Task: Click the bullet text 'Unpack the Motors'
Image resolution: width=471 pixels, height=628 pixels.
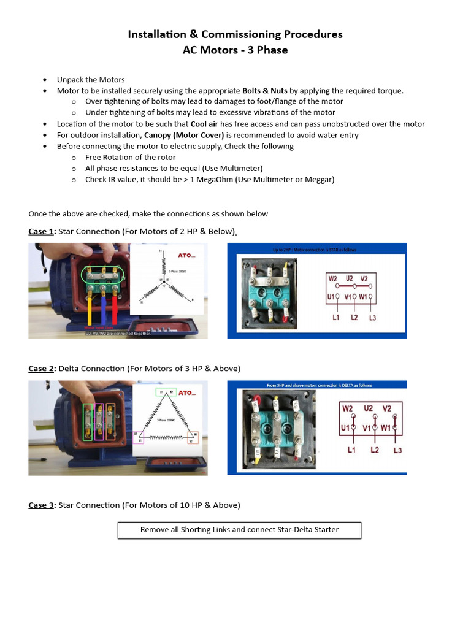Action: click(x=91, y=80)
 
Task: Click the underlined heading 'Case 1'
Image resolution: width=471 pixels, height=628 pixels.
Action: click(x=41, y=231)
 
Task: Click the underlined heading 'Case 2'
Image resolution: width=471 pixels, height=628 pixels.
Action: click(x=41, y=369)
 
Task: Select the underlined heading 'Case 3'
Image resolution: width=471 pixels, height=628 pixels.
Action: click(x=41, y=505)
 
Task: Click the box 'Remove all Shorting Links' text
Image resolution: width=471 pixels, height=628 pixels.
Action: click(x=239, y=530)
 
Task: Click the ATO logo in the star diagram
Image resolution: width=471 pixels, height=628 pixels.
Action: click(x=185, y=255)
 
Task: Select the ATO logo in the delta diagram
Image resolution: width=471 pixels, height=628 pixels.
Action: click(x=186, y=392)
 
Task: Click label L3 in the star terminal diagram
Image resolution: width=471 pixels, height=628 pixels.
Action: click(x=372, y=318)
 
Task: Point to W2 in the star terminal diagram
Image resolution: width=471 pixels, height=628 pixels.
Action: click(x=333, y=278)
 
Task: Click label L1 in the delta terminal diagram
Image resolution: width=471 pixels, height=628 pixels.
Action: click(x=351, y=450)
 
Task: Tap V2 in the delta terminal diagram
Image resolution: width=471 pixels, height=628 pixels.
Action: click(x=387, y=408)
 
